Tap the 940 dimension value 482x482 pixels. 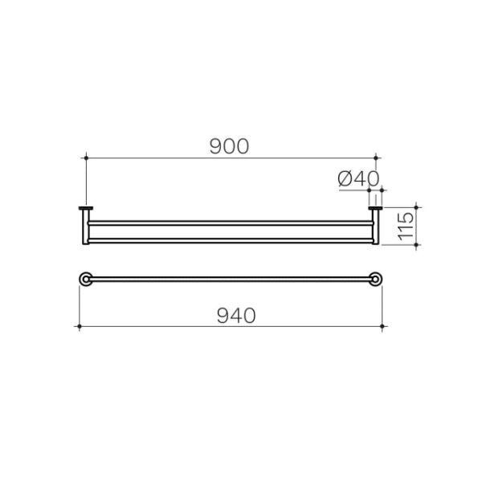[235, 316]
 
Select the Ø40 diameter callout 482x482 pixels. [358, 178]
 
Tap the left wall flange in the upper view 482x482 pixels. [86, 210]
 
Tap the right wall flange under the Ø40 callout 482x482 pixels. [374, 210]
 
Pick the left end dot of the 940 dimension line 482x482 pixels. [79, 326]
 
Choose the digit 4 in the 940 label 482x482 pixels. [235, 316]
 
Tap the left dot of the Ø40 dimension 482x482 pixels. [369, 191]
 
